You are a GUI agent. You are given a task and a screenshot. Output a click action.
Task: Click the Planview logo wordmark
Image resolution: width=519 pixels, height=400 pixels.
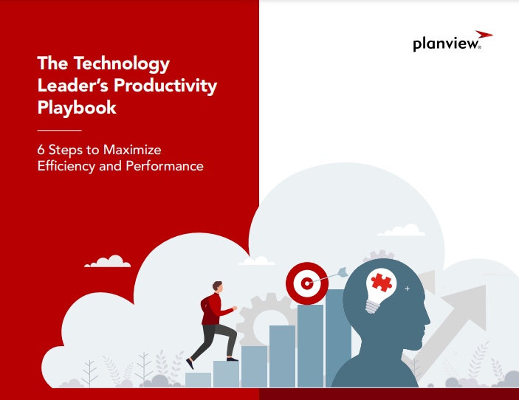click(x=447, y=44)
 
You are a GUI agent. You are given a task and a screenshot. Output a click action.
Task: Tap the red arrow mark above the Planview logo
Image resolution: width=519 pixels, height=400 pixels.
click(x=484, y=35)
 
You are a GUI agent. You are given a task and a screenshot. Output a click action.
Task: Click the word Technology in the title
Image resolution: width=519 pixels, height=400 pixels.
click(x=122, y=64)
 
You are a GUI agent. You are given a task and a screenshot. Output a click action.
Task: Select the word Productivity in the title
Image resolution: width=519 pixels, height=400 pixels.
click(x=165, y=86)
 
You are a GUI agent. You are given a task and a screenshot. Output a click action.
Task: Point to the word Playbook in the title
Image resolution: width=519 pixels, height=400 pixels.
click(x=77, y=108)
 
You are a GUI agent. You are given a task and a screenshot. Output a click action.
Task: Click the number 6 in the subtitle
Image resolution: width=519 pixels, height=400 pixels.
click(x=41, y=150)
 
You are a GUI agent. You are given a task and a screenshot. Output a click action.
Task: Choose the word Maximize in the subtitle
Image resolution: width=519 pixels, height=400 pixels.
click(x=132, y=150)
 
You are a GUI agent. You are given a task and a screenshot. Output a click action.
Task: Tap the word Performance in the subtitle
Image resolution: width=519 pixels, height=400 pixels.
click(x=165, y=166)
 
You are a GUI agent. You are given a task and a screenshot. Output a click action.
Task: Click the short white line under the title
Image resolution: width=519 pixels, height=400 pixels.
click(x=60, y=131)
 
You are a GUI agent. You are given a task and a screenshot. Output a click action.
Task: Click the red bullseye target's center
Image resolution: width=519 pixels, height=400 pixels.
click(x=307, y=283)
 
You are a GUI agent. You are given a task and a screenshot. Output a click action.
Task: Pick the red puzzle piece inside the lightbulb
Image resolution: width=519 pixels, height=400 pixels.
click(x=382, y=282)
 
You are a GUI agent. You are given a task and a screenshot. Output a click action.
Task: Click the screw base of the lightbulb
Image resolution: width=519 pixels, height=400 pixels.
click(x=373, y=307)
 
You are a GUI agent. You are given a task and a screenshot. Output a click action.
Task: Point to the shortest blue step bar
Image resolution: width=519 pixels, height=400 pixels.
click(x=198, y=380)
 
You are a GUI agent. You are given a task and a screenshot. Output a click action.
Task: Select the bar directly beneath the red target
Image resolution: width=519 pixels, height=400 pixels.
click(x=310, y=345)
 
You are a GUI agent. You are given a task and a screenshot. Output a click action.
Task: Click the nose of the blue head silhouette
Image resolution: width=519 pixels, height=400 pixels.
click(x=427, y=320)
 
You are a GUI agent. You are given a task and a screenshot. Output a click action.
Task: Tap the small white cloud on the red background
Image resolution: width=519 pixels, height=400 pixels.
click(x=108, y=261)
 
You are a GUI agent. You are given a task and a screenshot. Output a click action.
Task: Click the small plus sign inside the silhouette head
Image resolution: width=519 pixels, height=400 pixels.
click(x=407, y=289)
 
